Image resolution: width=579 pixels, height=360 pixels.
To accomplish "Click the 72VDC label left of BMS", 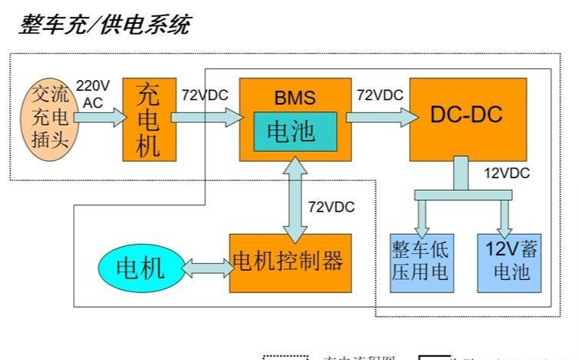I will [x=205, y=95].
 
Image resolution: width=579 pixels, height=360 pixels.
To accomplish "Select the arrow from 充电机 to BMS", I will [x=205, y=117].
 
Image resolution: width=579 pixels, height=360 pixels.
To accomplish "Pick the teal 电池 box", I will [x=295, y=131].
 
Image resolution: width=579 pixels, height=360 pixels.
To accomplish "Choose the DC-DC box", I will [x=467, y=117].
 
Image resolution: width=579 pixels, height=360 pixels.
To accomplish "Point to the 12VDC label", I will [x=507, y=173].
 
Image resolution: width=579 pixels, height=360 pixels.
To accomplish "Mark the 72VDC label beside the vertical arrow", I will [x=332, y=207].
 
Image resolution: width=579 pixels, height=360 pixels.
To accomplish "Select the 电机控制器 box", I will [x=290, y=262].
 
